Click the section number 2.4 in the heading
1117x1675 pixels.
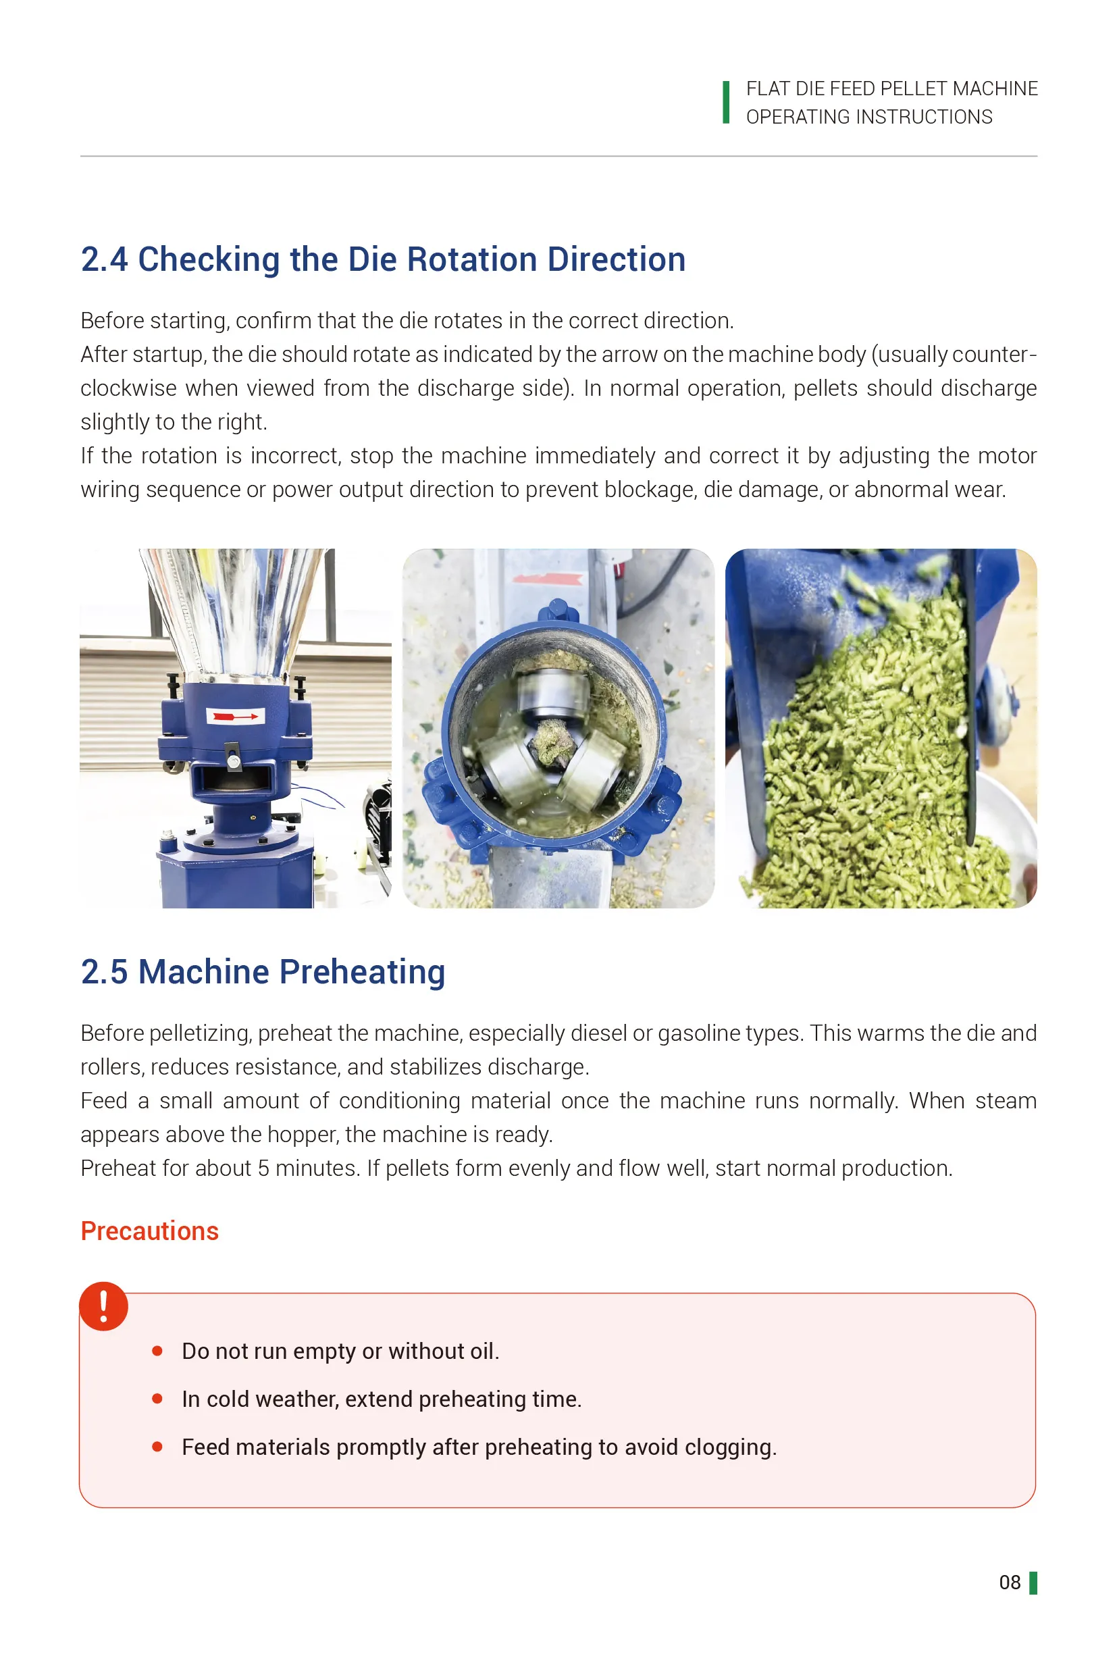(x=104, y=259)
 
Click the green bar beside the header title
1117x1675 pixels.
(x=726, y=103)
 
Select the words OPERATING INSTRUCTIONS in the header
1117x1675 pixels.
(x=868, y=117)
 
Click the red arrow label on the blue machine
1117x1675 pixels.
(x=235, y=715)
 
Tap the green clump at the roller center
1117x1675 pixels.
(x=553, y=741)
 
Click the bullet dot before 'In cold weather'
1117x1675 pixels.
(x=157, y=1399)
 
